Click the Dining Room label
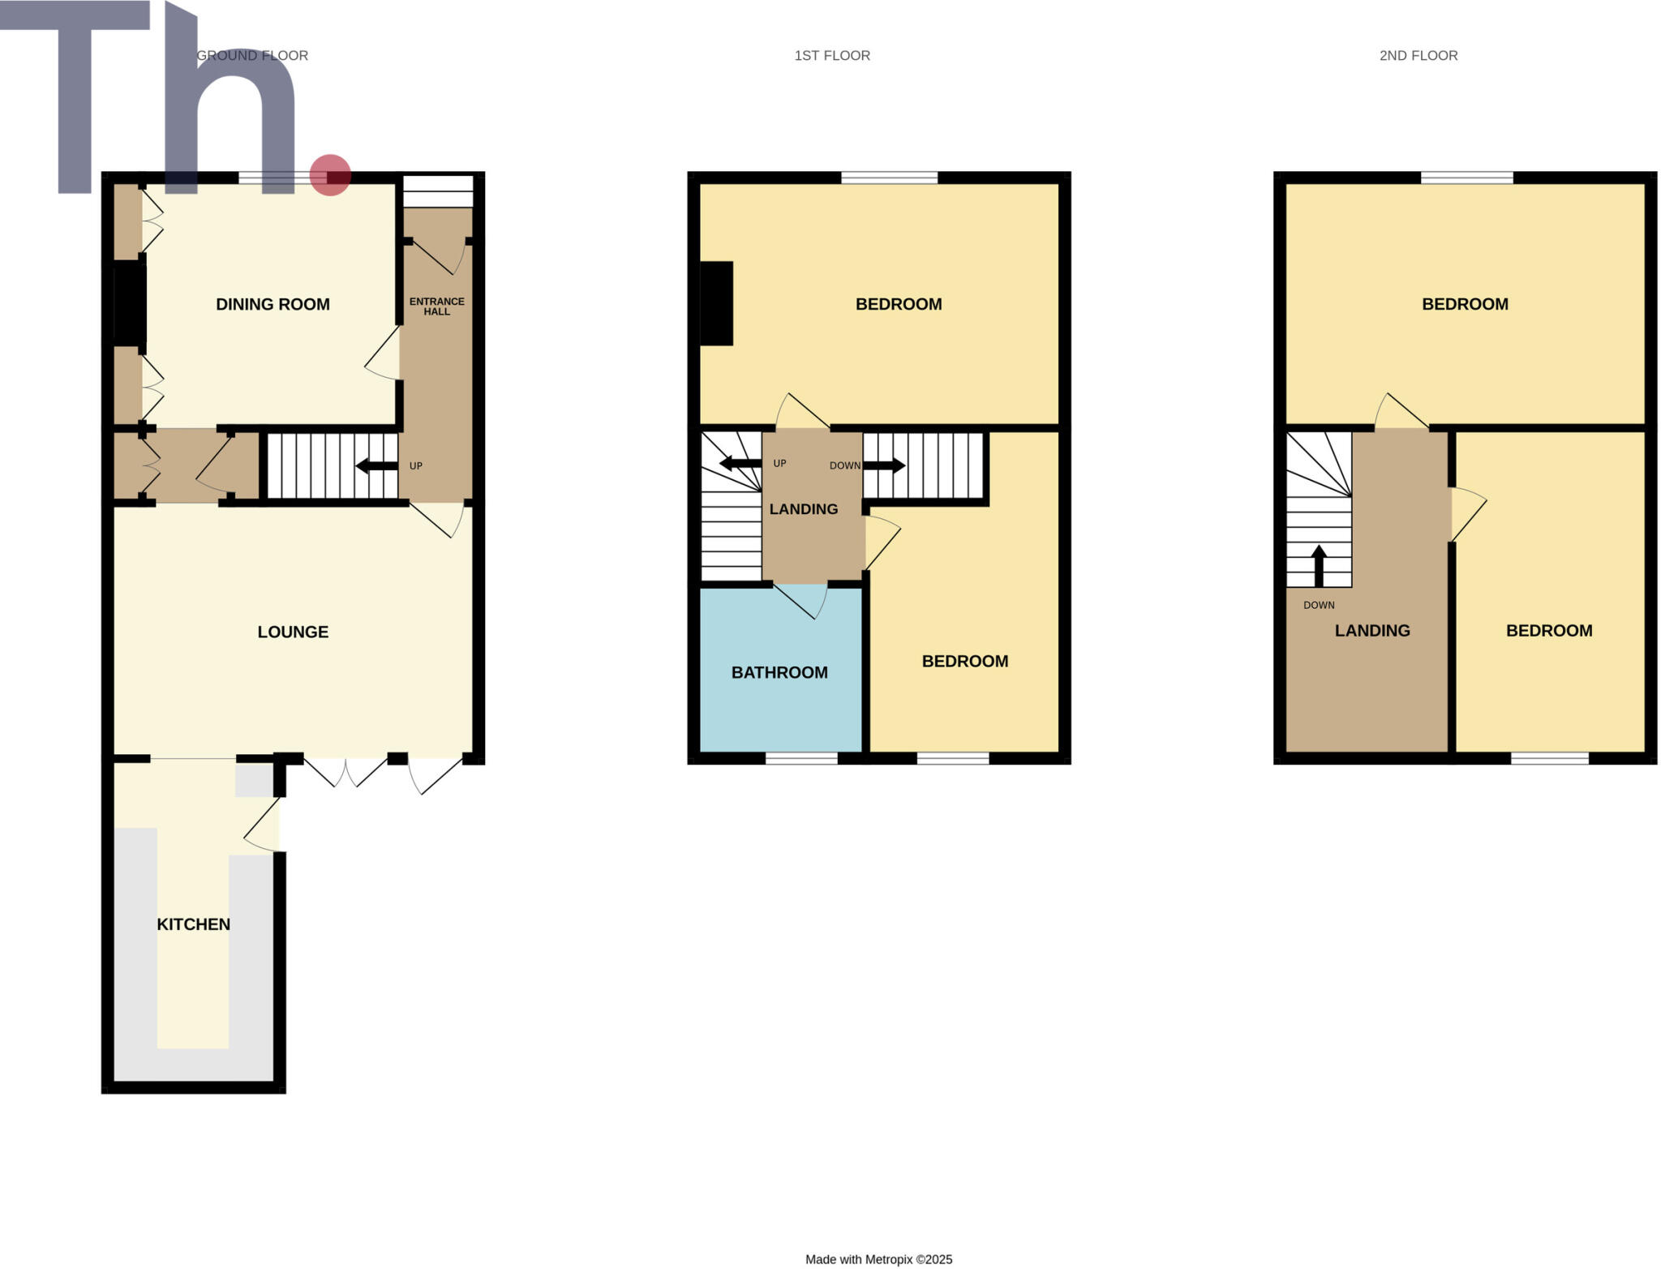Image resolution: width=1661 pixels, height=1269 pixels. pyautogui.click(x=273, y=304)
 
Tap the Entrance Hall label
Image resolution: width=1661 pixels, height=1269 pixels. pyautogui.click(x=436, y=306)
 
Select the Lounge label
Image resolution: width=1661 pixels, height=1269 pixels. pyautogui.click(x=293, y=632)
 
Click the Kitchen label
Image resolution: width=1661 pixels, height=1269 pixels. pyautogui.click(x=193, y=924)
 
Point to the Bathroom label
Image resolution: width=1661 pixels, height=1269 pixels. pyautogui.click(x=779, y=672)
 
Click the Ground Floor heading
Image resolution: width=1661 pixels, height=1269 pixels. pyautogui.click(x=252, y=55)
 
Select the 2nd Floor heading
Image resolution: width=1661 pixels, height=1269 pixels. pyautogui.click(x=1418, y=55)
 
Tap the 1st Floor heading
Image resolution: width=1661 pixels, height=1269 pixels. pyautogui.click(x=832, y=55)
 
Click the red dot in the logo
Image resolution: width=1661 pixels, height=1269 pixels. pyautogui.click(x=330, y=175)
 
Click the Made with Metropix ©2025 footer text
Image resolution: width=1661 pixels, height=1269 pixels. pyautogui.click(x=878, y=1259)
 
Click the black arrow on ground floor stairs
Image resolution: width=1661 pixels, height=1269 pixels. pyautogui.click(x=376, y=465)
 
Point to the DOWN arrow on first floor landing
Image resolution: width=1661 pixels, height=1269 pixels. pyautogui.click(x=884, y=465)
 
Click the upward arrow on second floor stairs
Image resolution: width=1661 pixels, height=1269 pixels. pyautogui.click(x=1319, y=565)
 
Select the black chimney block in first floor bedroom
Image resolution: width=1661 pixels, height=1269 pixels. pyautogui.click(x=716, y=303)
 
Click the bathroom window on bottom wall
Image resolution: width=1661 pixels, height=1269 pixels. pyautogui.click(x=801, y=758)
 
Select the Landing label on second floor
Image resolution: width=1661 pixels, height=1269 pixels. pyautogui.click(x=1372, y=630)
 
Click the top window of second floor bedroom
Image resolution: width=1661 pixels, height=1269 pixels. pyautogui.click(x=1466, y=178)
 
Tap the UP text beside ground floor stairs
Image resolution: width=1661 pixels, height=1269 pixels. pyautogui.click(x=416, y=465)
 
